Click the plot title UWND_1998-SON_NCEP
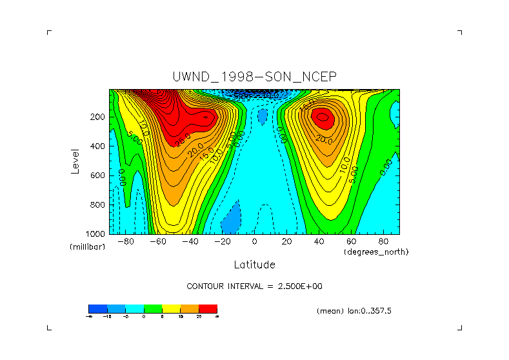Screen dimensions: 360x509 point(254,76)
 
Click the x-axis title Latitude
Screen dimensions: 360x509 point(254,265)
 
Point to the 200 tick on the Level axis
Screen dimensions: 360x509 point(98,117)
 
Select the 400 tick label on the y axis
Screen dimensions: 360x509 point(98,146)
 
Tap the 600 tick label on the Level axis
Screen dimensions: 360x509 point(98,175)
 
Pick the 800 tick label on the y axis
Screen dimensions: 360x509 point(98,205)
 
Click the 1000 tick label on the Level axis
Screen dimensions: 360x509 point(96,234)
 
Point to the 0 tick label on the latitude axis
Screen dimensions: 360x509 point(255,242)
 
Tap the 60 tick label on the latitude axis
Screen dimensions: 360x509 point(352,242)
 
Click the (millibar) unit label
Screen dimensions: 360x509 point(87,247)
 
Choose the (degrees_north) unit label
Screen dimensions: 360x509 point(377,252)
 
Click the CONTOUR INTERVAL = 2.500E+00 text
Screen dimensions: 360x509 point(254,286)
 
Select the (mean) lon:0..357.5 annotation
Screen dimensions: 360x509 point(354,311)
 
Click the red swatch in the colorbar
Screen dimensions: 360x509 point(208,308)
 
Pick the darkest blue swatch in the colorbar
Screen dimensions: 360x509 point(97,308)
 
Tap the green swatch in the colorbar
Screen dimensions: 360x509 point(153,308)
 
